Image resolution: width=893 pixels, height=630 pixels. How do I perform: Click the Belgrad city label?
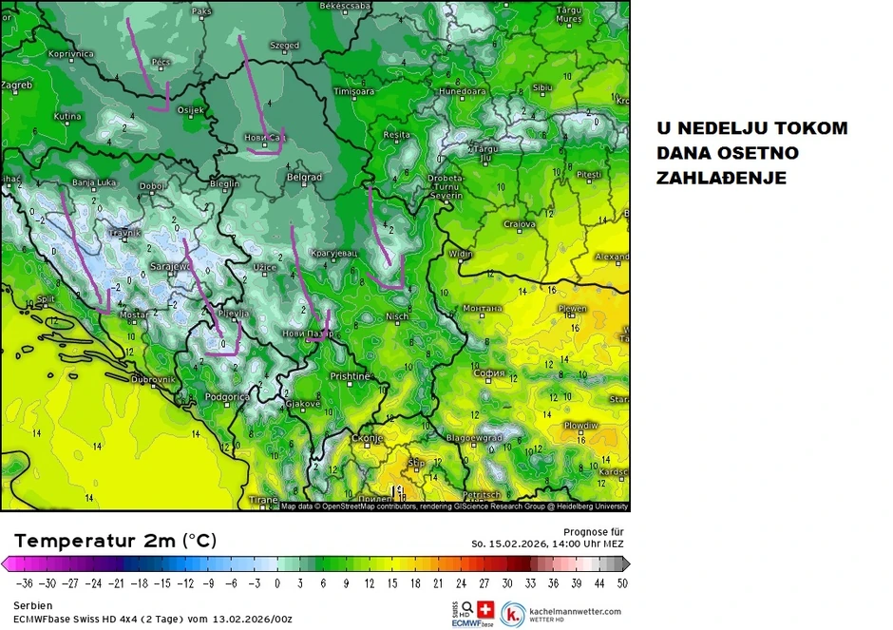(x=304, y=177)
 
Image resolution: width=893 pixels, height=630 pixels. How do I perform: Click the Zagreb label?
(x=16, y=85)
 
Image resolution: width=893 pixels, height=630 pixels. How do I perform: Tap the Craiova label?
(x=520, y=223)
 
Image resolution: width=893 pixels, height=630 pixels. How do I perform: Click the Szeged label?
(x=284, y=45)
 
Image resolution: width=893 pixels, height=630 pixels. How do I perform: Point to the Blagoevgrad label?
(x=472, y=438)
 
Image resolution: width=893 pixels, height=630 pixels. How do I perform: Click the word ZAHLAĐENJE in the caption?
(x=721, y=178)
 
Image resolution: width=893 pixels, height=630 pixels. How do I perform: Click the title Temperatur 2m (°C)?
(x=115, y=541)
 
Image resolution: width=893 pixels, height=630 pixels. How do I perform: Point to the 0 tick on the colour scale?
(x=277, y=582)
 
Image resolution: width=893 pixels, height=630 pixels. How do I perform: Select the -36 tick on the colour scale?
(x=25, y=582)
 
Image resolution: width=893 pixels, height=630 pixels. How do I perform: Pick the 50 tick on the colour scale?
(x=622, y=582)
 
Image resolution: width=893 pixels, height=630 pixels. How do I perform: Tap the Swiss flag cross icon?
(x=486, y=609)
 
